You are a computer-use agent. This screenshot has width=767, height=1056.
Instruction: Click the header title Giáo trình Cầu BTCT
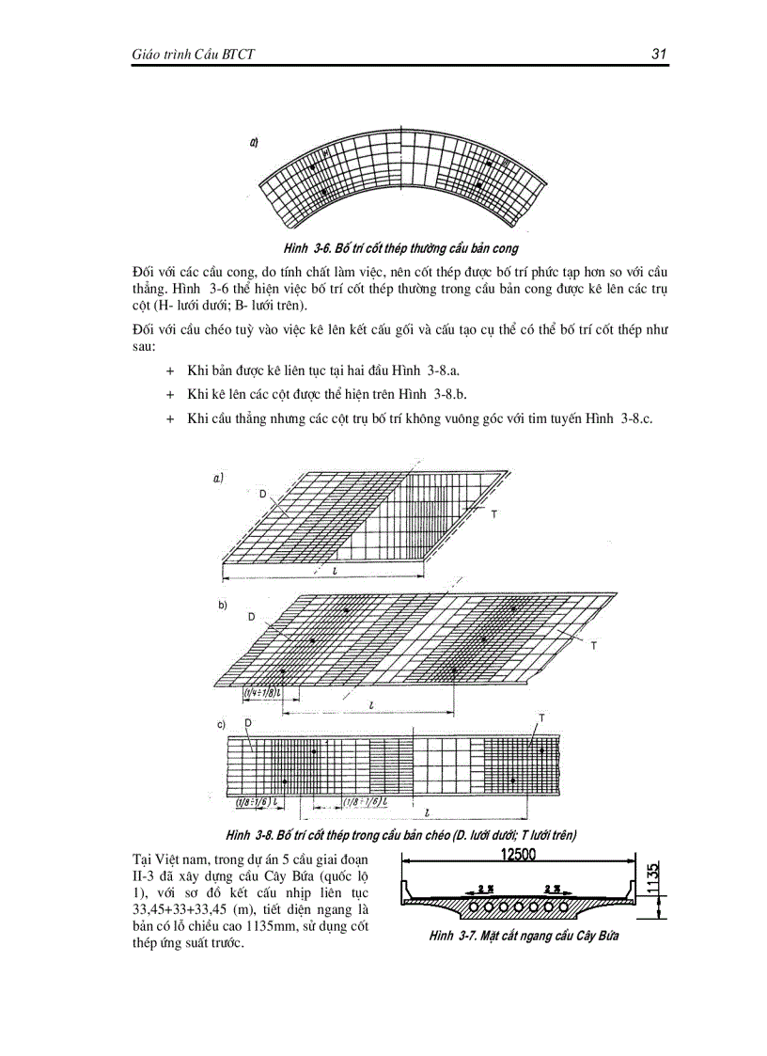pyautogui.click(x=195, y=55)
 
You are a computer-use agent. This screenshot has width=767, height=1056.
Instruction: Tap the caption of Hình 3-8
pyautogui.click(x=400, y=834)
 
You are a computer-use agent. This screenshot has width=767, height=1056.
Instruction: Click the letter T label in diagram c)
pyautogui.click(x=541, y=717)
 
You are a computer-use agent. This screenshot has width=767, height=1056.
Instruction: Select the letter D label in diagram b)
pyautogui.click(x=251, y=617)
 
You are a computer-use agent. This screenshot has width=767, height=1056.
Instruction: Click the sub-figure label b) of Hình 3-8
pyautogui.click(x=223, y=606)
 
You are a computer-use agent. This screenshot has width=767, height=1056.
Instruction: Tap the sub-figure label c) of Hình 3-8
pyautogui.click(x=221, y=723)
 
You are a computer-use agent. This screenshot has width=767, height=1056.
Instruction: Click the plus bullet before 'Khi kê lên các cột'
pyautogui.click(x=170, y=394)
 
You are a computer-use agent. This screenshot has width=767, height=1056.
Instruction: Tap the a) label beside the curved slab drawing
pyautogui.click(x=254, y=144)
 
